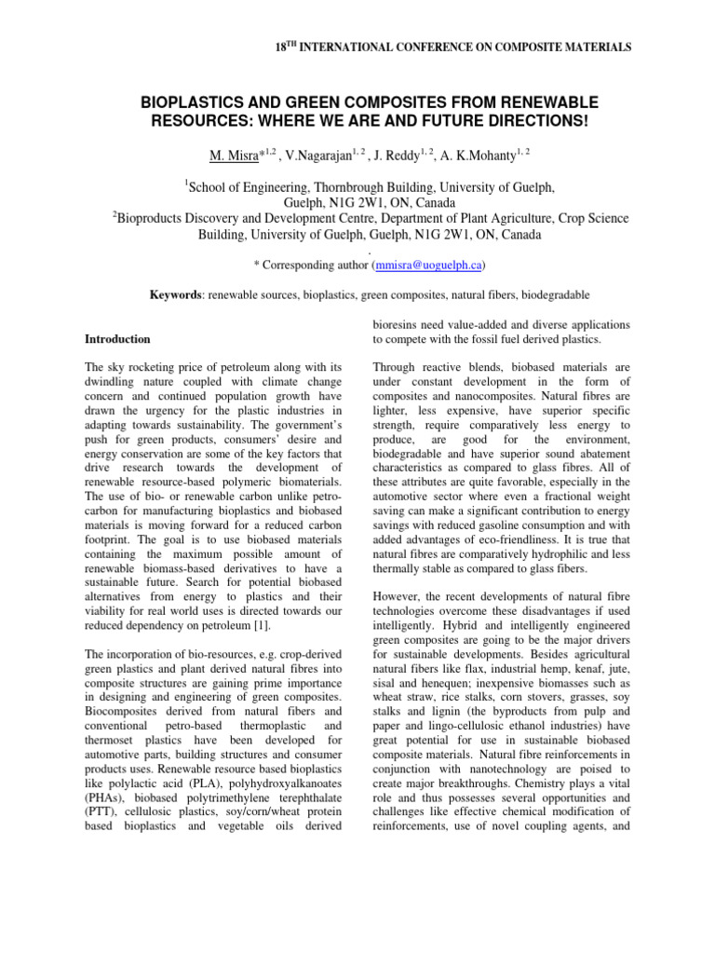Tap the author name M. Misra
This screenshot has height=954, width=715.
click(x=236, y=153)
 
